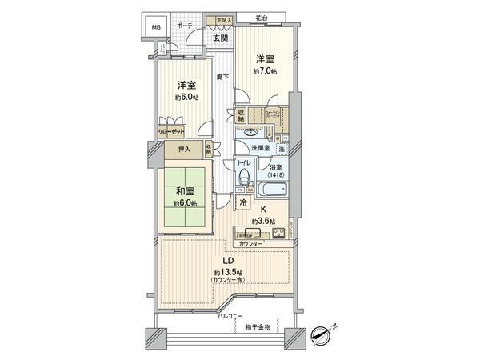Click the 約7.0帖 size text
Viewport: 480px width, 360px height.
[x=266, y=71]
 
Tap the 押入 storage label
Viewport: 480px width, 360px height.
[x=183, y=148]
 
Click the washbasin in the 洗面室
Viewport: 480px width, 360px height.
[x=251, y=132]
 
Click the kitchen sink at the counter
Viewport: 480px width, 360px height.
[x=247, y=235]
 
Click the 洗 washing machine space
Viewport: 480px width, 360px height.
[x=282, y=149]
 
